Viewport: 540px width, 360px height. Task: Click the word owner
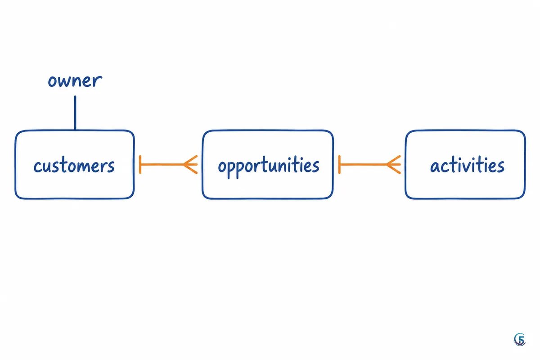(x=75, y=81)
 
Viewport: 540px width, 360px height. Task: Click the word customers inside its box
(x=74, y=166)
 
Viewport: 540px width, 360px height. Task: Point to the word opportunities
(x=269, y=167)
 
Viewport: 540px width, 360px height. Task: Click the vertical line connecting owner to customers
(x=75, y=113)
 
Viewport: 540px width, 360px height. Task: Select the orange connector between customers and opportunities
(x=168, y=165)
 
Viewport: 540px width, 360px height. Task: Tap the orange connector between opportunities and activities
(x=370, y=165)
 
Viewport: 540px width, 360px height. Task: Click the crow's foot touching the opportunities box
(x=190, y=165)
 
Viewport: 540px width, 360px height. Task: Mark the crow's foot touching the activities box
(x=393, y=165)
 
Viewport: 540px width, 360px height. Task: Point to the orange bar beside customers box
(x=140, y=165)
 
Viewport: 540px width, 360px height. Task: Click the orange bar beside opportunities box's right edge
(x=339, y=165)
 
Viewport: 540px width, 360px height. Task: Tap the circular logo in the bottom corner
(x=520, y=339)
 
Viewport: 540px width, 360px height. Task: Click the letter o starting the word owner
(x=52, y=81)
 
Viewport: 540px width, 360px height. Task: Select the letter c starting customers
(x=37, y=167)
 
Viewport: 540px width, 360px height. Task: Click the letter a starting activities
(x=435, y=167)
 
